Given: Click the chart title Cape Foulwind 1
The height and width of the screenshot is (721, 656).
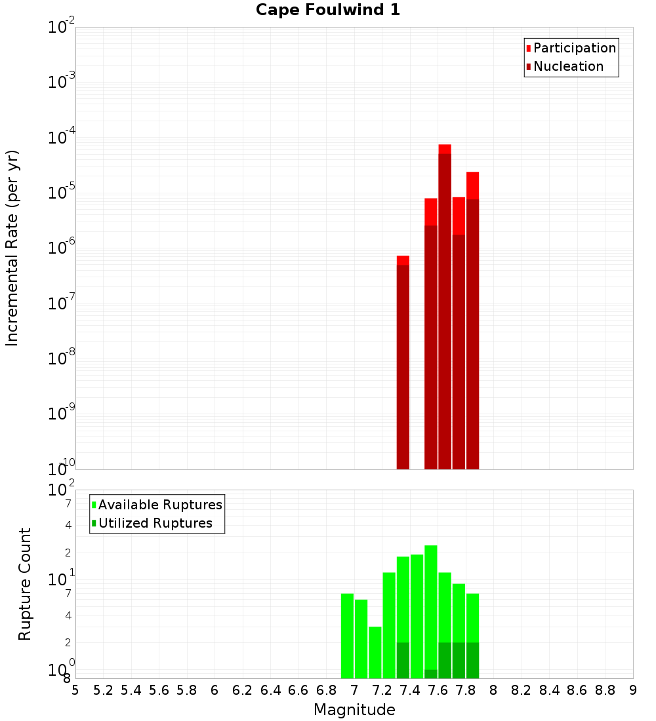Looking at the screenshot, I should pyautogui.click(x=328, y=10).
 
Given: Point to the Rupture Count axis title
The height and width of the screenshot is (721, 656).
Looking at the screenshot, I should pyautogui.click(x=25, y=584).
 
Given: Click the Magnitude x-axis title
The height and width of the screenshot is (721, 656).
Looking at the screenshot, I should pyautogui.click(x=354, y=710).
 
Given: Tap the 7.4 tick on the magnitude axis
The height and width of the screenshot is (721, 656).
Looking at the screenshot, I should pyautogui.click(x=410, y=690).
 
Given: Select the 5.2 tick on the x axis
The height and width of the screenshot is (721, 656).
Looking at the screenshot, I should pyautogui.click(x=104, y=690).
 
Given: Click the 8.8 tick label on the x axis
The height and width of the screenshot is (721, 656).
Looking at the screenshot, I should pyautogui.click(x=605, y=690).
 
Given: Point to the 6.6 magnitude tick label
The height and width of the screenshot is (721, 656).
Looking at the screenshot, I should pyautogui.click(x=298, y=690).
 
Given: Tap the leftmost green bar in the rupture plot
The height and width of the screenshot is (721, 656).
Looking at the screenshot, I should pyautogui.click(x=347, y=636).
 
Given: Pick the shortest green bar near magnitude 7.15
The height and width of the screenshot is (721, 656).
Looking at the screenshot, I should pyautogui.click(x=375, y=652).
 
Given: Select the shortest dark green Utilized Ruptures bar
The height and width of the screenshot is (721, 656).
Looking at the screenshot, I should pyautogui.click(x=431, y=674).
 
